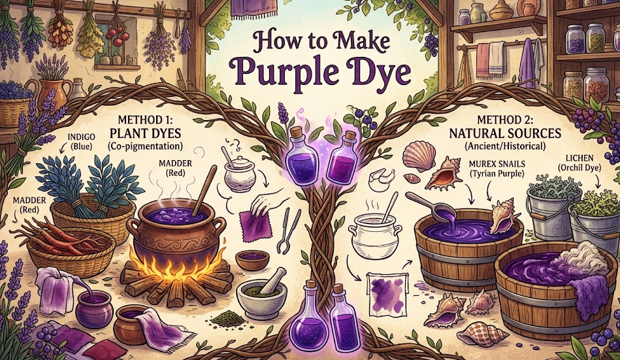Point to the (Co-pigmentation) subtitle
pos(155,148)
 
